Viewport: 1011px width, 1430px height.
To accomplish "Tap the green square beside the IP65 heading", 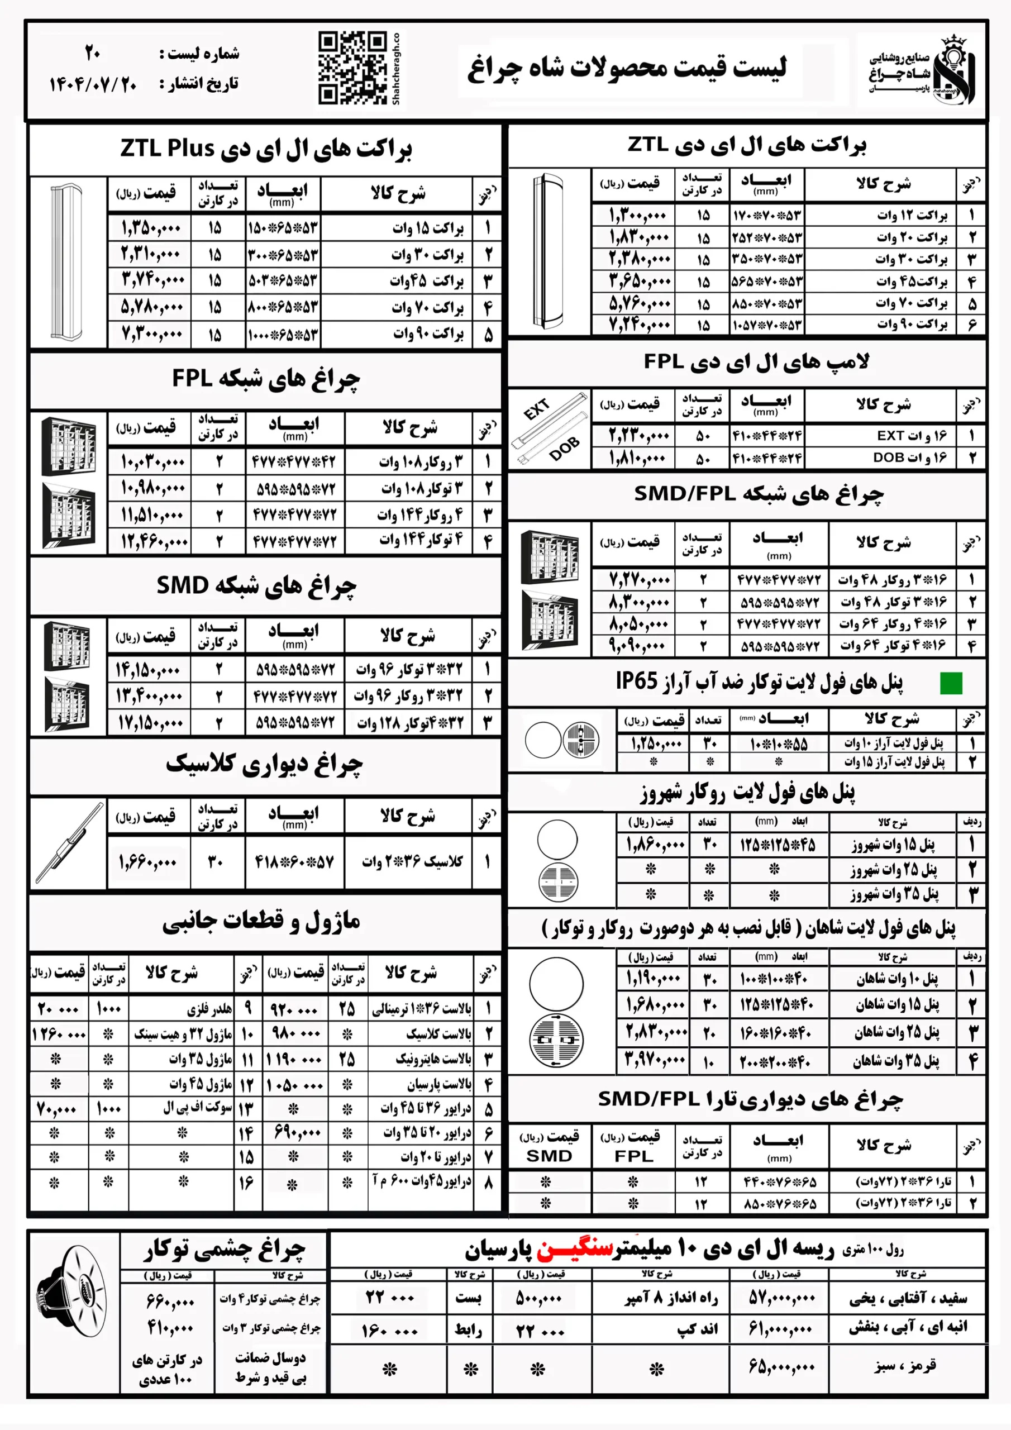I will pyautogui.click(x=951, y=683).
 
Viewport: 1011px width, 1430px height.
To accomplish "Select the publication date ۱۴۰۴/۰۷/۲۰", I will pyautogui.click(x=93, y=84).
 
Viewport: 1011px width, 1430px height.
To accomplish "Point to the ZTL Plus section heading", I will pyautogui.click(x=266, y=148).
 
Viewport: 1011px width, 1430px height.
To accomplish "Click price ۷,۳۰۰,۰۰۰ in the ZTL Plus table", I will pyautogui.click(x=151, y=335).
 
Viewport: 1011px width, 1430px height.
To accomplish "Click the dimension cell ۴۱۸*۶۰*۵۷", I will pyautogui.click(x=294, y=862).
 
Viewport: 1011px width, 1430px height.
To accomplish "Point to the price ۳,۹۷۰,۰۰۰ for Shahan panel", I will pyautogui.click(x=656, y=1061).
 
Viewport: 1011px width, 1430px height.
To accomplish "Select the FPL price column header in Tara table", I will pyautogui.click(x=633, y=1147).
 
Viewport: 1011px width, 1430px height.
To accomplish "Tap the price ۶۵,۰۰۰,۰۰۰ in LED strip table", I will pyautogui.click(x=781, y=1368).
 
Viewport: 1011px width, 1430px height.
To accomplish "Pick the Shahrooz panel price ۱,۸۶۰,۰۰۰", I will pyautogui.click(x=655, y=845).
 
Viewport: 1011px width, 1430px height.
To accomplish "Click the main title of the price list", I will pyautogui.click(x=627, y=67).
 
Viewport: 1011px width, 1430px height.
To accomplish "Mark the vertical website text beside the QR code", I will pyautogui.click(x=396, y=69).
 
